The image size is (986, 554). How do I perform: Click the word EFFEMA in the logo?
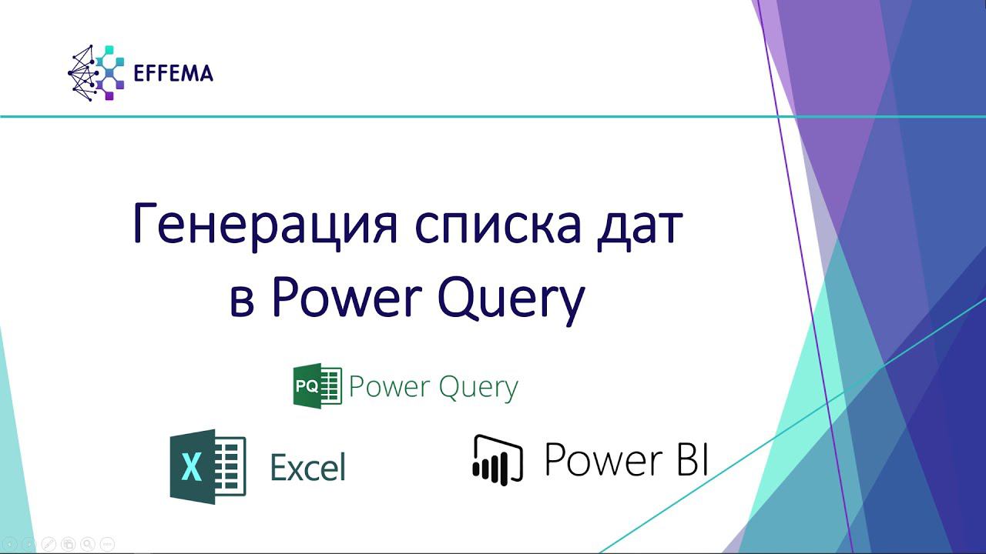point(173,74)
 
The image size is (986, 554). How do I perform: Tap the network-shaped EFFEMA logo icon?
point(96,73)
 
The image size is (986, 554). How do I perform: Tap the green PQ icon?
point(317,386)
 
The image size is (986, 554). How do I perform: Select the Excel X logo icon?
point(207,466)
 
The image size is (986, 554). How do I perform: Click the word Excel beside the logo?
point(307,467)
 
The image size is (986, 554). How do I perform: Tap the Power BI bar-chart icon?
point(498,460)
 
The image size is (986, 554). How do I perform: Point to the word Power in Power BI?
point(603,459)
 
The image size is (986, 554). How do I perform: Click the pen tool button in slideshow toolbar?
point(48,543)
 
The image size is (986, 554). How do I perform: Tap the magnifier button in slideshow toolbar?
point(87,543)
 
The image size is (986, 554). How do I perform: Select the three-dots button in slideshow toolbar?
point(107,543)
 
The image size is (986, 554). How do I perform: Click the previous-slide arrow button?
point(10,543)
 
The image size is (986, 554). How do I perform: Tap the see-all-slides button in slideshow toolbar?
point(68,543)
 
